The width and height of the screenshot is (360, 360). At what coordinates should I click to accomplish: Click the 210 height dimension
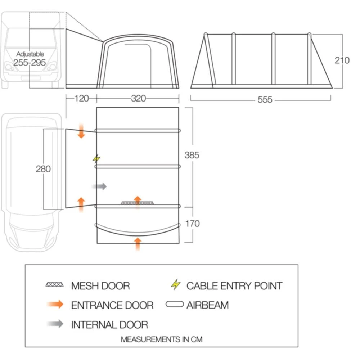point(342,60)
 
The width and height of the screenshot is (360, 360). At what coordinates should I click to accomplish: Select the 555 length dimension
point(265,100)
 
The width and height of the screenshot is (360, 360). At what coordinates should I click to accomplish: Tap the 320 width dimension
point(138,98)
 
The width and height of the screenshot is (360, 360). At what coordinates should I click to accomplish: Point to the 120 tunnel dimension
point(81,98)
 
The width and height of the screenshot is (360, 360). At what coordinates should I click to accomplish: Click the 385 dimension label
point(192,155)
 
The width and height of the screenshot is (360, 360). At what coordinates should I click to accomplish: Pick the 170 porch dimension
point(192,224)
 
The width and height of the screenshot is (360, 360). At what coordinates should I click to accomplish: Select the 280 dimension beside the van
point(43,168)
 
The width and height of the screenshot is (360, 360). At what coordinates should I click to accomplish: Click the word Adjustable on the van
point(30,54)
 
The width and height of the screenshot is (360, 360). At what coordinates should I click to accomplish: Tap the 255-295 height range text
point(30,63)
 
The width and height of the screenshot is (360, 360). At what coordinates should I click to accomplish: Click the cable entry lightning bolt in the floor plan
point(96,158)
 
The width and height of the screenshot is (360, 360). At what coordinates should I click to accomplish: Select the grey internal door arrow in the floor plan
point(99,186)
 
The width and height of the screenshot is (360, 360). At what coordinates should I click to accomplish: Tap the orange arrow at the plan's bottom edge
point(137,244)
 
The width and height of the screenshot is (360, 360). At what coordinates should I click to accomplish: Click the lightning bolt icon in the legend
point(176,285)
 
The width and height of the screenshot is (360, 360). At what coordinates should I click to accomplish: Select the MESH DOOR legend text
point(100,286)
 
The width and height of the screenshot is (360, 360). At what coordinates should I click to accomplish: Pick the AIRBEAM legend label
point(207,305)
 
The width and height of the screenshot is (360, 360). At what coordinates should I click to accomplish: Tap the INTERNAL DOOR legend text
point(109,324)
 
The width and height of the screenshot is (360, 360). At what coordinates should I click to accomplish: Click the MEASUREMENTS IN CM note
point(161,339)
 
